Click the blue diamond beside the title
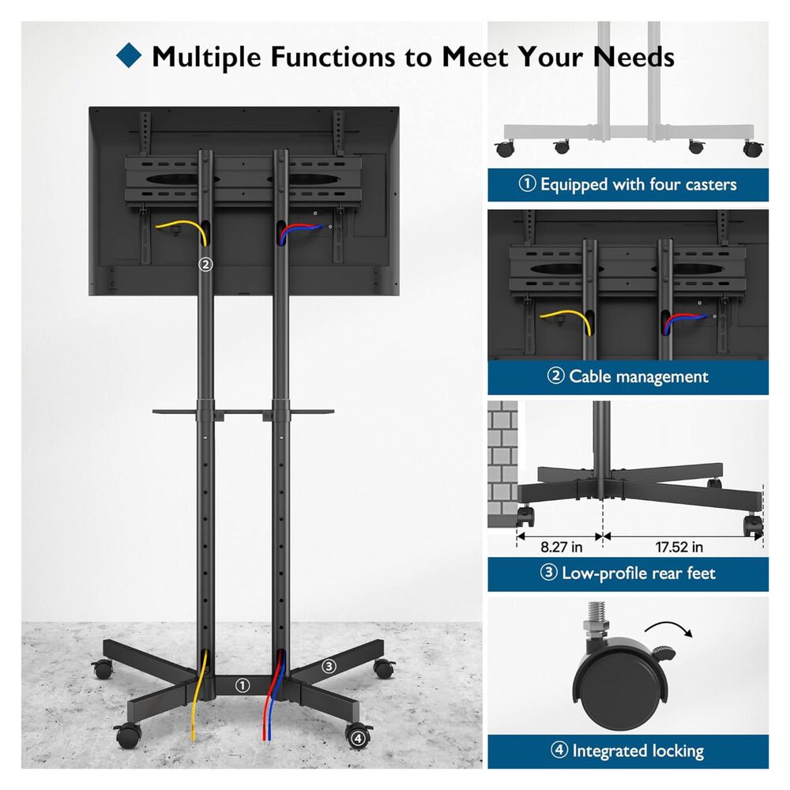point(129,55)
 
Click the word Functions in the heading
point(333,56)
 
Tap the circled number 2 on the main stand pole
point(205,264)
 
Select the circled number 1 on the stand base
point(243,685)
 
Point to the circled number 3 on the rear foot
point(329,666)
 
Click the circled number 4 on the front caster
point(358,738)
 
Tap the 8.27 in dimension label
point(561,547)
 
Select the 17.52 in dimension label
point(679,547)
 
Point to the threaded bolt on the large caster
point(597,617)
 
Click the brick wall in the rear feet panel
point(502,464)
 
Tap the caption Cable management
point(638,376)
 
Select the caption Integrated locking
point(638,750)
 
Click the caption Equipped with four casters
point(638,184)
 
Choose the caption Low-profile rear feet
point(638,574)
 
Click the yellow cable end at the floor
point(193,736)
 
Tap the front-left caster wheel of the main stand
point(127,735)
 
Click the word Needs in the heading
point(634,56)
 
